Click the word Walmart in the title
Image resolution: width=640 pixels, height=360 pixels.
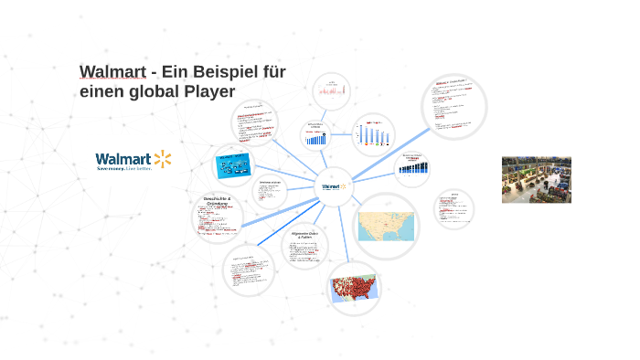[x=109, y=72]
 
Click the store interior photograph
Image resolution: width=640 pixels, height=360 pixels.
[x=536, y=179]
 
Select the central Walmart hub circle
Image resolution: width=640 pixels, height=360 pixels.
[x=331, y=186]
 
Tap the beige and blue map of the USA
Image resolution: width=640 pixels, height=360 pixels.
[x=386, y=226]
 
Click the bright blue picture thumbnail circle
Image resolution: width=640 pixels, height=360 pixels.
[x=233, y=165]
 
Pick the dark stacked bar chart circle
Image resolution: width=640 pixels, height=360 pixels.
[x=412, y=167]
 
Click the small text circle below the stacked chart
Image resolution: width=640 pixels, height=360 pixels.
[x=453, y=207]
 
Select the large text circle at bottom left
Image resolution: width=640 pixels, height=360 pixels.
[x=249, y=270]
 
